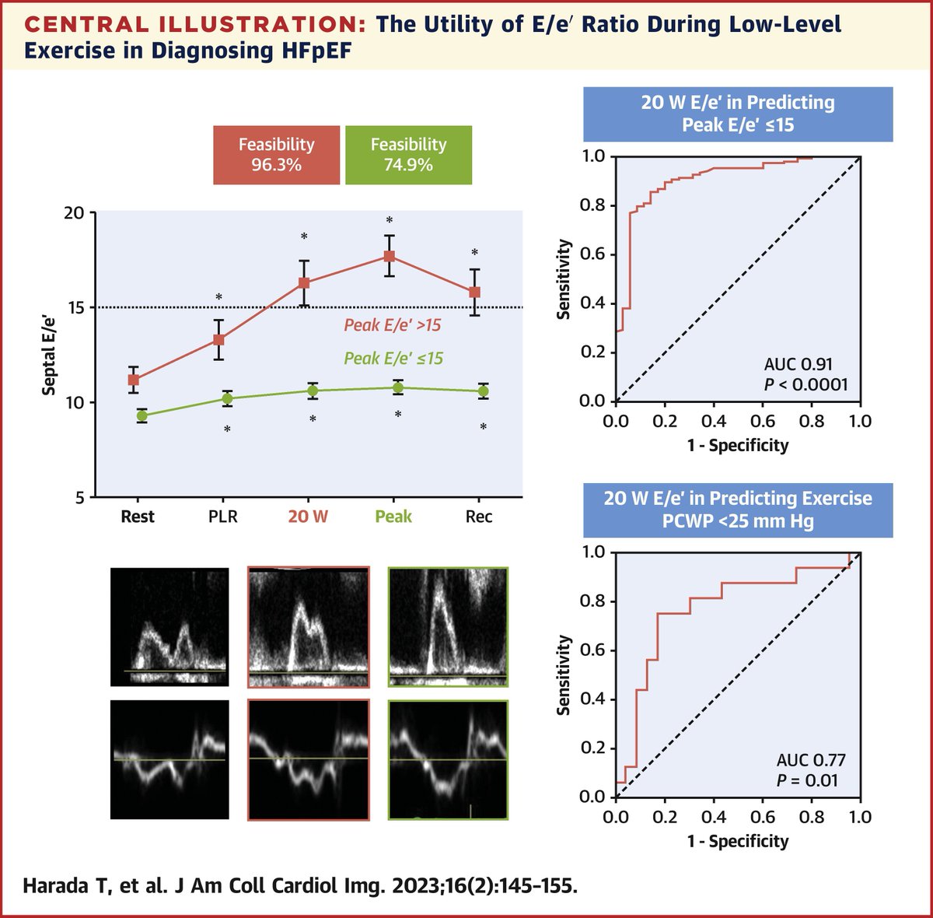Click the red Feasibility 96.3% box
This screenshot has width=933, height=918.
pyautogui.click(x=276, y=155)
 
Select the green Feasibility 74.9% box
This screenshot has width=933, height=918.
pyautogui.click(x=408, y=155)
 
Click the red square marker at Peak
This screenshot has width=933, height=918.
pyautogui.click(x=390, y=256)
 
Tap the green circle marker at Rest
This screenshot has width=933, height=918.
pyautogui.click(x=142, y=415)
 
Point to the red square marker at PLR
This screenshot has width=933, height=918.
pyautogui.click(x=219, y=339)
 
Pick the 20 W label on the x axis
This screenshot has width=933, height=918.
pyautogui.click(x=308, y=517)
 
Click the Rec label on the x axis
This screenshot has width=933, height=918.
pyautogui.click(x=479, y=517)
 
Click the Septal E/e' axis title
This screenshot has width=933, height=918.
pyautogui.click(x=49, y=354)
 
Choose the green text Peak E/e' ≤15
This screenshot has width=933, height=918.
pyautogui.click(x=393, y=359)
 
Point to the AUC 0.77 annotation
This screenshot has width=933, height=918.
pyautogui.click(x=811, y=760)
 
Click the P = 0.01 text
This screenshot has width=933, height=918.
pyautogui.click(x=807, y=780)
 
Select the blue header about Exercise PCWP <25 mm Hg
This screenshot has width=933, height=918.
pyautogui.click(x=738, y=510)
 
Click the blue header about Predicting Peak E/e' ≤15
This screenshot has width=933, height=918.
pyautogui.click(x=738, y=114)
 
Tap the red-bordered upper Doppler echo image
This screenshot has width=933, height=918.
pyautogui.click(x=309, y=627)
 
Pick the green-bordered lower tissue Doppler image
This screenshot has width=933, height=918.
pyautogui.click(x=448, y=760)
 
